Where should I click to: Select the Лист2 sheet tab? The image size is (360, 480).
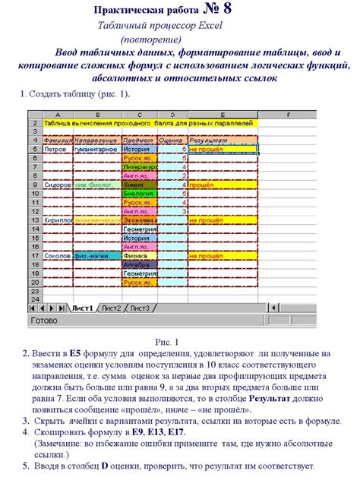pos(112,308)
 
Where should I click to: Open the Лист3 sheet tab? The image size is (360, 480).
pos(140,308)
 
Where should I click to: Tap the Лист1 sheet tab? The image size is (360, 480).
pos(82,308)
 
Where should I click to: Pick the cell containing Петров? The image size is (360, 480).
pos(55,150)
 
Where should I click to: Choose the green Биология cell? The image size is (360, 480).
pos(138,194)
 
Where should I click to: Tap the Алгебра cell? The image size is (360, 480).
pos(138,265)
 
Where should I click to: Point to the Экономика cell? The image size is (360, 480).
pos(140,220)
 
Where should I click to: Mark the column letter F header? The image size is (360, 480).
pos(290,114)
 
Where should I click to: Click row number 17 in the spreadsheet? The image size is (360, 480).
pos(35,256)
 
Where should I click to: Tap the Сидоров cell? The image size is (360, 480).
pos(58,185)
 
